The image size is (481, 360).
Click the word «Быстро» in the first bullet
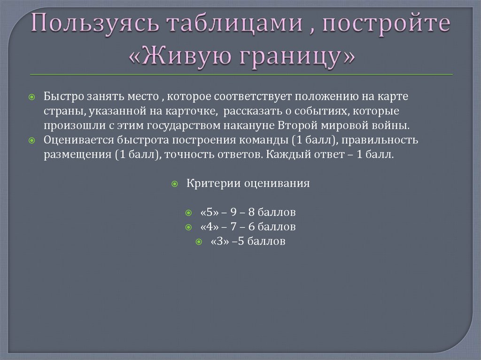(x=63, y=96)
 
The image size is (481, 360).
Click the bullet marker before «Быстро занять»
(x=32, y=97)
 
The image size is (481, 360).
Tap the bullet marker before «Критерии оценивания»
(x=174, y=184)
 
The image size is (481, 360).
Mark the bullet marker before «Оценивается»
(x=32, y=141)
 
